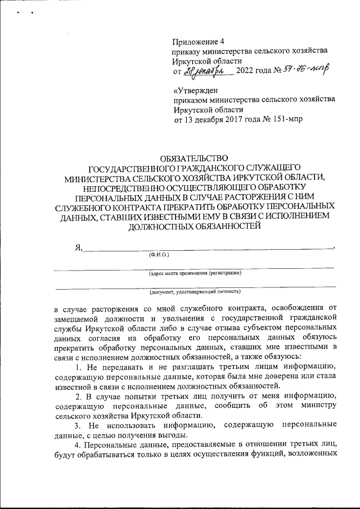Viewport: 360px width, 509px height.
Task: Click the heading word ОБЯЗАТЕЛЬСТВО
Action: [x=195, y=159]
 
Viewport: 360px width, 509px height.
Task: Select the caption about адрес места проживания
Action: [x=195, y=273]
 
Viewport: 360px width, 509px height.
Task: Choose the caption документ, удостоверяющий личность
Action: [x=195, y=292]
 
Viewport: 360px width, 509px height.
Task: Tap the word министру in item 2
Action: [x=317, y=406]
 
